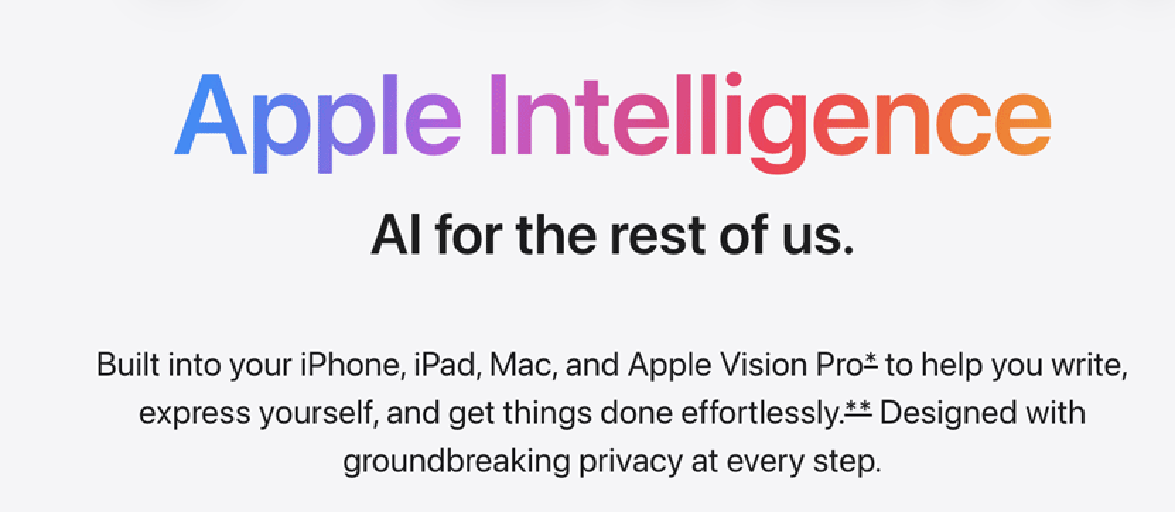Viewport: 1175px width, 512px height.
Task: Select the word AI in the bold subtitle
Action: pyautogui.click(x=396, y=235)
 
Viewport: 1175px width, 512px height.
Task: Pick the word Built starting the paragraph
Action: pyautogui.click(x=128, y=364)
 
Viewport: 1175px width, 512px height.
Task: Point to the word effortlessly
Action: pyautogui.click(x=763, y=414)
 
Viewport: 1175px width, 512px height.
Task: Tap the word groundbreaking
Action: pyautogui.click(x=457, y=462)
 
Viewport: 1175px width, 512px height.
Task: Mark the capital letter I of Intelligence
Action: pyautogui.click(x=498, y=115)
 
